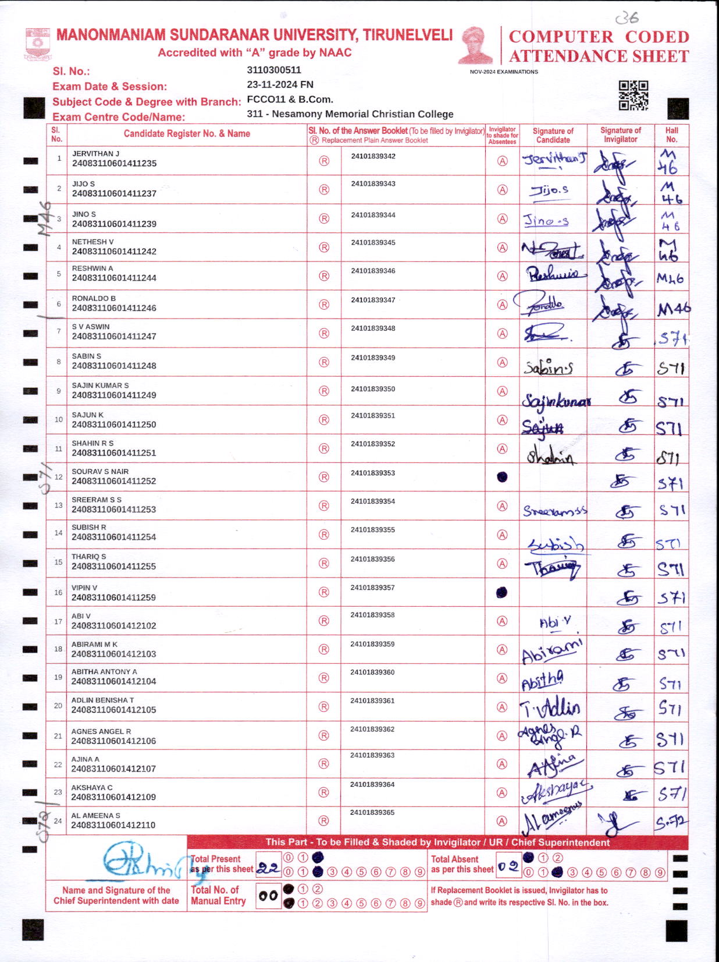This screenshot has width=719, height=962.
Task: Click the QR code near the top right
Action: click(x=633, y=95)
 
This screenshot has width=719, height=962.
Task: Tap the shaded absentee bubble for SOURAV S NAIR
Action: click(x=502, y=477)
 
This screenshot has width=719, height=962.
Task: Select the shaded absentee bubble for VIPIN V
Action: click(x=501, y=592)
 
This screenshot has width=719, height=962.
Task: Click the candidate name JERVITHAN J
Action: click(x=95, y=154)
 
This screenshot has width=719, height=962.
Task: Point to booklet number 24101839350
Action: click(x=373, y=388)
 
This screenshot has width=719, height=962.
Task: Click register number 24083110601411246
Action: click(x=114, y=308)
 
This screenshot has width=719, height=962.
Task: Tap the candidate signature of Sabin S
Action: click(x=548, y=367)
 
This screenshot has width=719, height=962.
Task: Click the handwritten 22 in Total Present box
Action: click(x=268, y=868)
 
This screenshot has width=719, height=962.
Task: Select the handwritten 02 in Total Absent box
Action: click(x=508, y=866)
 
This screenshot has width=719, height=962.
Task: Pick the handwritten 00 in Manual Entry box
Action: click(x=268, y=896)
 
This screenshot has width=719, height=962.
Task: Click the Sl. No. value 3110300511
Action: click(x=274, y=70)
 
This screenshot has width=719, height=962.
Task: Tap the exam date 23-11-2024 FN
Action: click(x=280, y=84)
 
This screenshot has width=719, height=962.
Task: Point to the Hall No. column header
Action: click(x=671, y=135)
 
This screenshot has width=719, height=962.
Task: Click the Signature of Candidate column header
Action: click(x=553, y=135)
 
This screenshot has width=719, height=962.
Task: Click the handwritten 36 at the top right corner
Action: click(x=627, y=17)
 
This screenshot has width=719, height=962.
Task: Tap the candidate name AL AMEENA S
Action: click(x=95, y=815)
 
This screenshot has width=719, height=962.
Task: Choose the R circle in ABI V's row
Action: click(x=324, y=621)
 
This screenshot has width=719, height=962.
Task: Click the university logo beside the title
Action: click(x=38, y=44)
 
